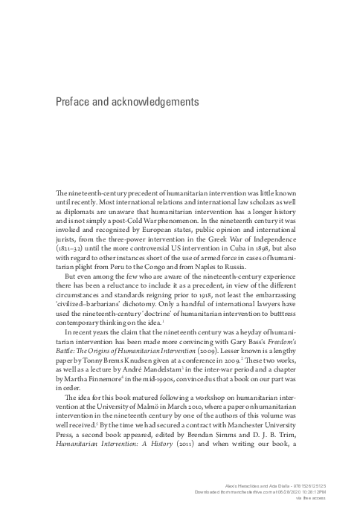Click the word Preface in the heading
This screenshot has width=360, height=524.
pos(77,100)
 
